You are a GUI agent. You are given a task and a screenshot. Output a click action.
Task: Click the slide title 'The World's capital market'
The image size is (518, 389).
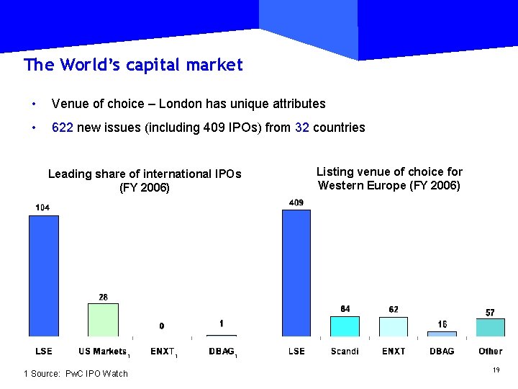(x=133, y=65)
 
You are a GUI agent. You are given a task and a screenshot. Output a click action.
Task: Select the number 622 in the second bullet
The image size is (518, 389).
(x=63, y=128)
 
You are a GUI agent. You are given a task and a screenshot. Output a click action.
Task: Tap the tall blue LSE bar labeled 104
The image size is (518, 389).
(x=43, y=275)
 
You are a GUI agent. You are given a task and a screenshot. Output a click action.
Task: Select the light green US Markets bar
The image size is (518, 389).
(x=103, y=319)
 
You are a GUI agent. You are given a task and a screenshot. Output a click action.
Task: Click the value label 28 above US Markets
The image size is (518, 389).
(x=103, y=297)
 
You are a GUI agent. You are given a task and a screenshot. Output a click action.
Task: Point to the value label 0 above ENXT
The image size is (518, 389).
(x=162, y=326)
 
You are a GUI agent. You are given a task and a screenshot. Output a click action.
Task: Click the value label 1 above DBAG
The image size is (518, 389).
(x=222, y=323)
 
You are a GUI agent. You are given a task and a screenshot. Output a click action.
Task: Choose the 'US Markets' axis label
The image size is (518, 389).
(x=101, y=352)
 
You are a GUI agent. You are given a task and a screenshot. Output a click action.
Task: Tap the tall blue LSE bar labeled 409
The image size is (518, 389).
(x=296, y=272)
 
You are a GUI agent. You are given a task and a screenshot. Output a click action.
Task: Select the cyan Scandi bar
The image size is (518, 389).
(x=345, y=326)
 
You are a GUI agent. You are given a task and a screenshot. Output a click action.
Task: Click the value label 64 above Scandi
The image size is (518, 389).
(x=345, y=309)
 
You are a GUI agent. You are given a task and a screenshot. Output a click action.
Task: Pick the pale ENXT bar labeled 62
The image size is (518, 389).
(x=394, y=326)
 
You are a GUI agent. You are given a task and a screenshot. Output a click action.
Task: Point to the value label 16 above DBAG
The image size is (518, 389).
(x=442, y=325)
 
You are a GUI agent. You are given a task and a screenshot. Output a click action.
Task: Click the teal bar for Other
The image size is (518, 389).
(x=490, y=327)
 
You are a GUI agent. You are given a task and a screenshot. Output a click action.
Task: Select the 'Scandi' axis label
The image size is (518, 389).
(x=345, y=352)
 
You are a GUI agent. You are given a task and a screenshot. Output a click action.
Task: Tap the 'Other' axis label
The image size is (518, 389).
(x=490, y=352)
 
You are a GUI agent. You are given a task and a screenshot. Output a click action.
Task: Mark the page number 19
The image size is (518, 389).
(x=496, y=370)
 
